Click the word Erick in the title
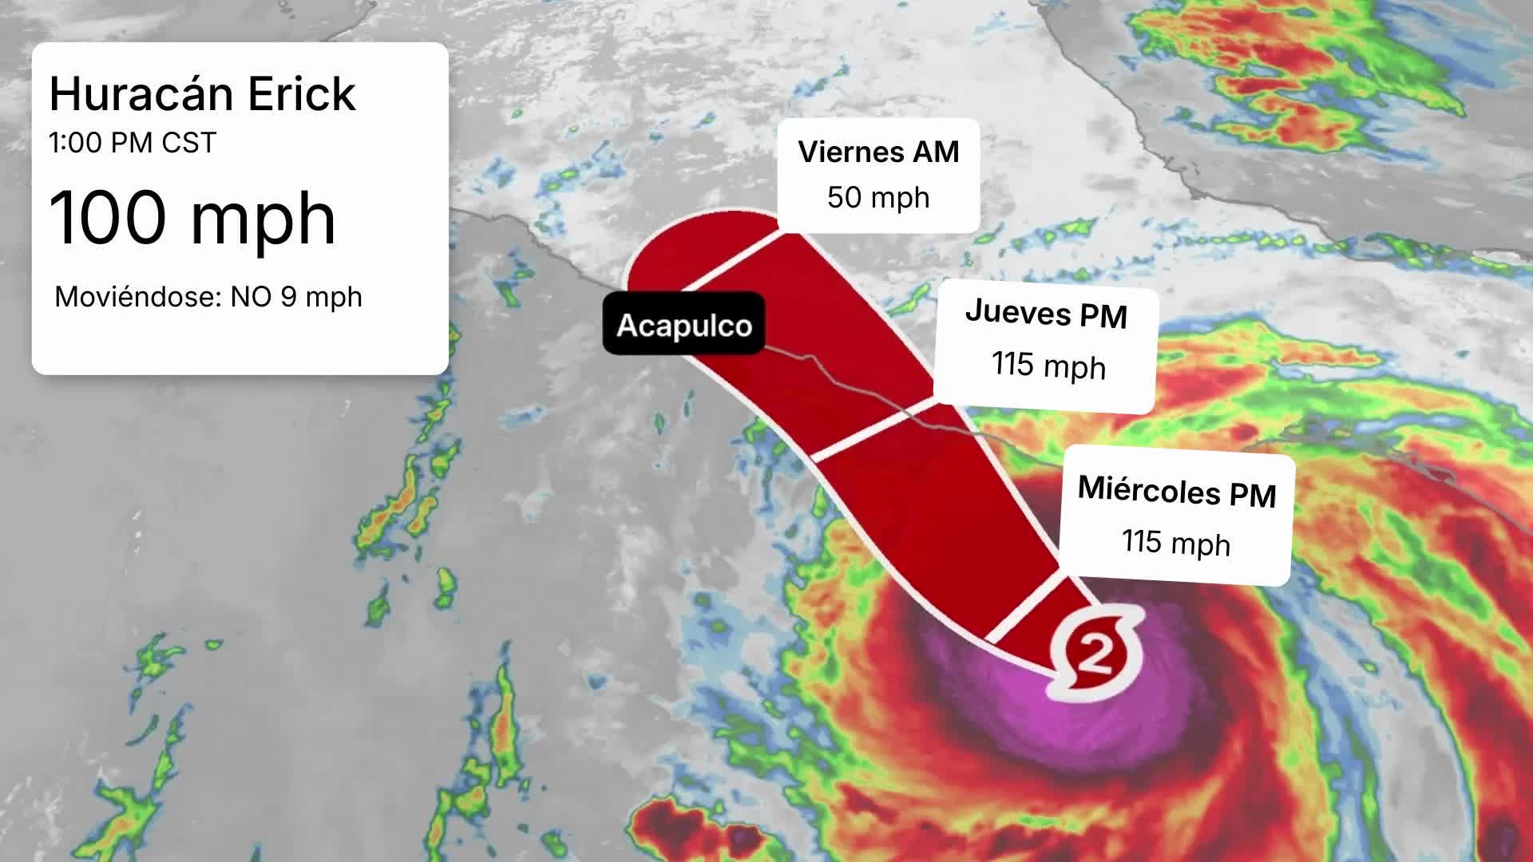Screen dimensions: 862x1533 301,94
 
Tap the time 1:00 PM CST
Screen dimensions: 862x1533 133,143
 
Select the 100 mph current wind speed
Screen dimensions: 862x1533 192,218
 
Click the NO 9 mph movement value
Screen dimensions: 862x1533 296,297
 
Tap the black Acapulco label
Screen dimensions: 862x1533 683,325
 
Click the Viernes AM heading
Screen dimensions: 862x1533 878,152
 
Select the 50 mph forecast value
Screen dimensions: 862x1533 878,197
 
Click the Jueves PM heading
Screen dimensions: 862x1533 1046,313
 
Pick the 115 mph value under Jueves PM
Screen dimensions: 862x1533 1048,366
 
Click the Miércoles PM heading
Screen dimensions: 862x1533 1177,490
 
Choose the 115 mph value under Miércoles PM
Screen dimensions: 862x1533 1175,543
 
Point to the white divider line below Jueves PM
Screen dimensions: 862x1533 874,431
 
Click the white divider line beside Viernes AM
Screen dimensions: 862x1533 731,259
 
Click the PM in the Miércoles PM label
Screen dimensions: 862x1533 1252,495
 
